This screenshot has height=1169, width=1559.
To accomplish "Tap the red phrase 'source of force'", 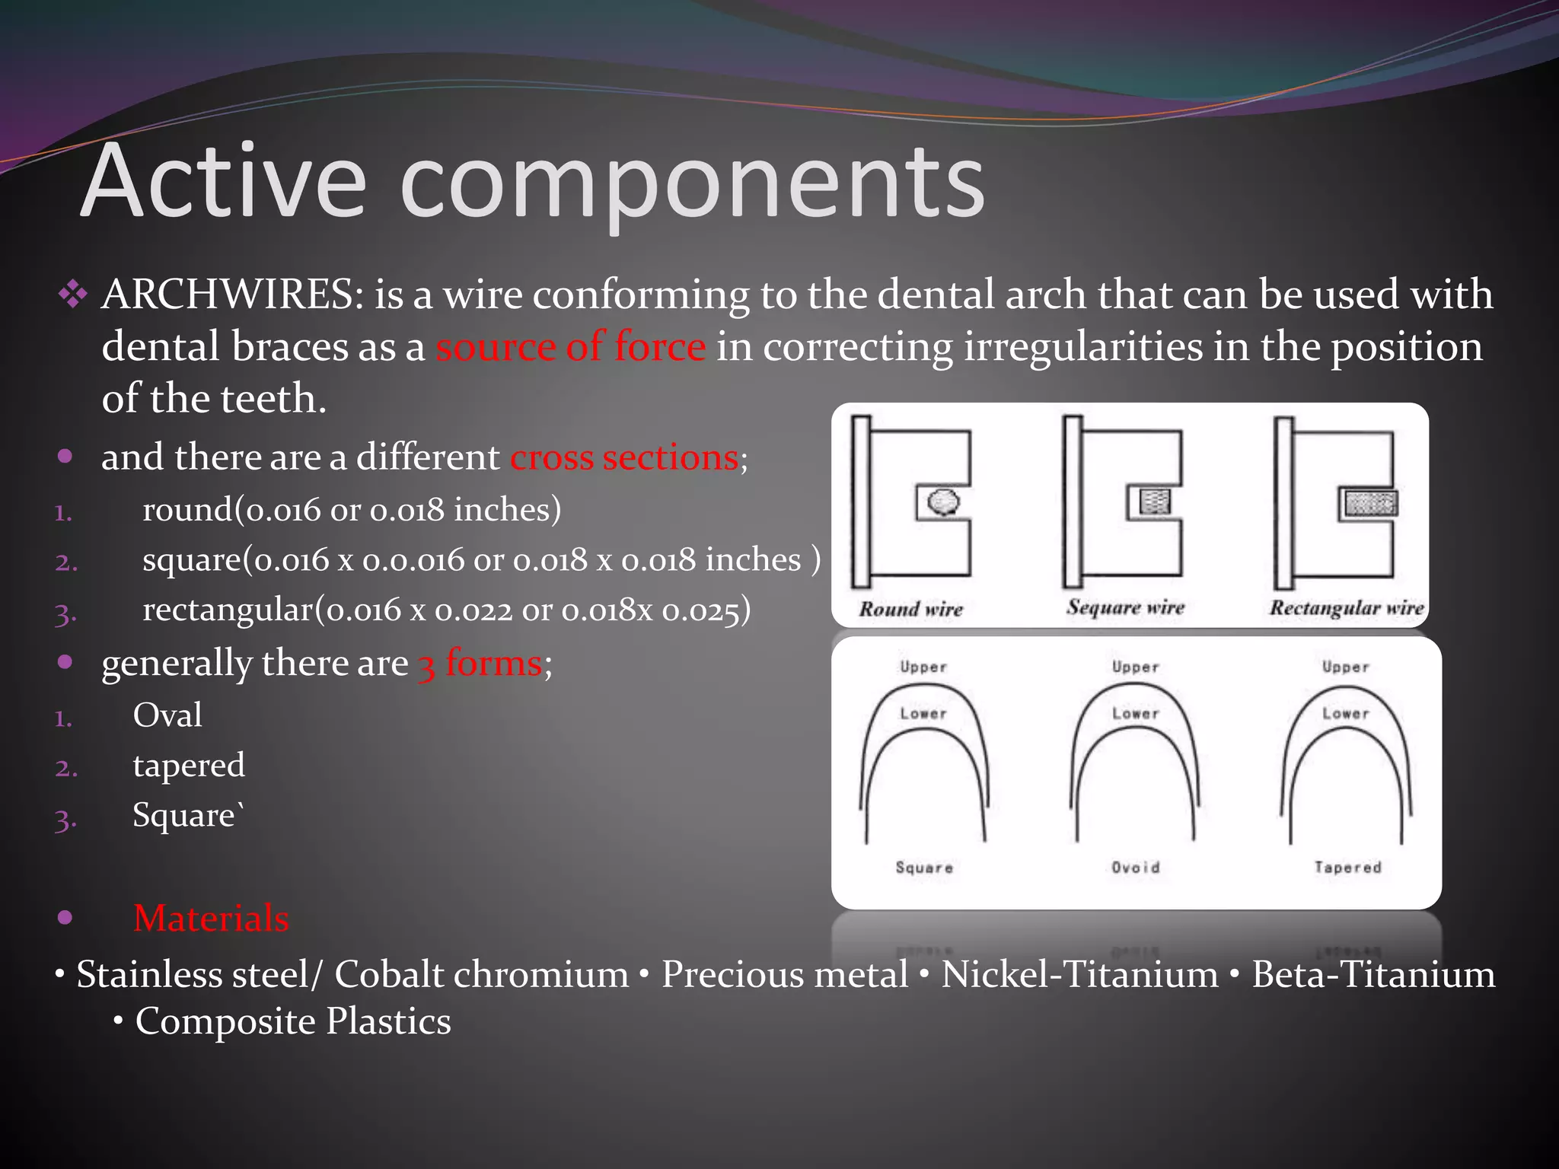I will click(x=570, y=347).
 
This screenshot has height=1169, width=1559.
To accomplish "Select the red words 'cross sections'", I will click(x=623, y=458).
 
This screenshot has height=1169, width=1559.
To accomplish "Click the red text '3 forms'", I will click(x=480, y=663).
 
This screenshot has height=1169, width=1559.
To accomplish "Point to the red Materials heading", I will click(x=211, y=919).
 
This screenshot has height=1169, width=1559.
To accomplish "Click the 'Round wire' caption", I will click(x=911, y=609).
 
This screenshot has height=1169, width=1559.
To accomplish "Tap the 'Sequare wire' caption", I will click(x=1125, y=607).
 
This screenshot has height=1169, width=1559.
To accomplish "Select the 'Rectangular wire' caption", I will click(x=1346, y=608).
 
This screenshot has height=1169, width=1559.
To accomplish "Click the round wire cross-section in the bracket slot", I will click(x=943, y=502).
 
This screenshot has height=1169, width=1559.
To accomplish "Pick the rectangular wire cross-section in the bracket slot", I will click(x=1370, y=503).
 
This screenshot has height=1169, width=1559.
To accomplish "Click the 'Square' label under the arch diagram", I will click(x=924, y=868).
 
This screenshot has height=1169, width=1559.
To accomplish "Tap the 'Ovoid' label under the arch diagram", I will click(x=1135, y=868).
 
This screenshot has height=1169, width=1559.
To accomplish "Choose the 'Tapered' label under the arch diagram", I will click(x=1347, y=868).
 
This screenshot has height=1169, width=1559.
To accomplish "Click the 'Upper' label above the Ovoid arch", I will click(x=1135, y=667).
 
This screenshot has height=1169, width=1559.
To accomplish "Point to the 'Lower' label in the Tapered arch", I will click(x=1346, y=714).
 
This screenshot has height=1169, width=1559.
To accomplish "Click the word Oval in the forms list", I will click(x=167, y=715).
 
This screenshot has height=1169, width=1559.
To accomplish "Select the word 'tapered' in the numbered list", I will click(x=189, y=766).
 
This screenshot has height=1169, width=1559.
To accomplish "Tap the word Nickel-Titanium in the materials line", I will click(x=1079, y=975).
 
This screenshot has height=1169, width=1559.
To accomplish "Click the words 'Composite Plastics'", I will click(x=293, y=1022).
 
